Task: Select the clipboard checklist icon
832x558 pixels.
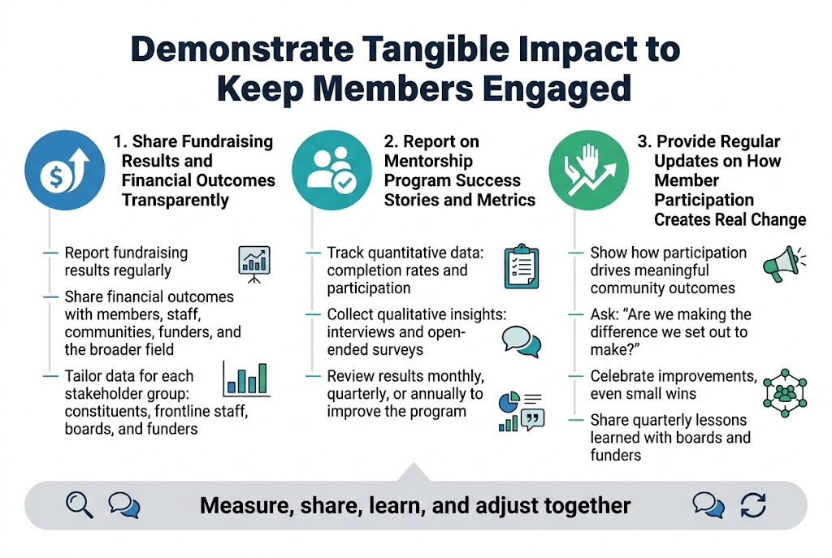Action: (x=520, y=266)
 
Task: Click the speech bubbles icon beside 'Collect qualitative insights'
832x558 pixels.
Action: (x=521, y=340)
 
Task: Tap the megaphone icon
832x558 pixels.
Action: (x=783, y=264)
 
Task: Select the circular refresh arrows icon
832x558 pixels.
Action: (x=753, y=505)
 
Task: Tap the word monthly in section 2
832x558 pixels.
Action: (x=453, y=377)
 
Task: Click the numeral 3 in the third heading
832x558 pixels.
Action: (x=643, y=141)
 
